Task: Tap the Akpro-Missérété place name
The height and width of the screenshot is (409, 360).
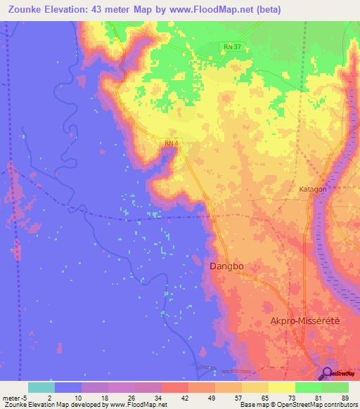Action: [x=305, y=320]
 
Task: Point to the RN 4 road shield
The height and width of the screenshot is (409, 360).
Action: [x=172, y=144]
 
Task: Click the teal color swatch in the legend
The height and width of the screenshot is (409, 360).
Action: [x=41, y=387]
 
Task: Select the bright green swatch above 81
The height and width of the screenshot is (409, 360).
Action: [x=308, y=387]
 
